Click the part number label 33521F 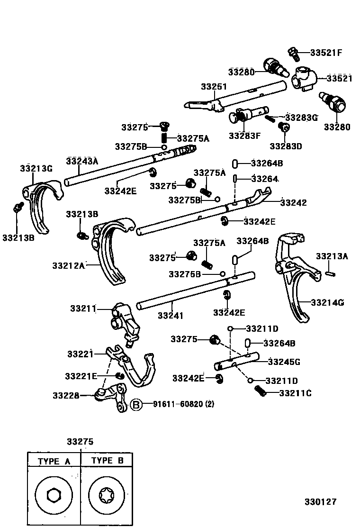tap(326, 53)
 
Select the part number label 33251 tap(214, 87)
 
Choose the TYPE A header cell tap(54, 461)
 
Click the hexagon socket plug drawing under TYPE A tap(54, 496)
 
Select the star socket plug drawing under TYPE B tap(107, 496)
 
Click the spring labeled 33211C tap(260, 391)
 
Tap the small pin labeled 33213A tap(331, 273)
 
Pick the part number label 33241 tap(171, 315)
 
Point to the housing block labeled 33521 tap(303, 78)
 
